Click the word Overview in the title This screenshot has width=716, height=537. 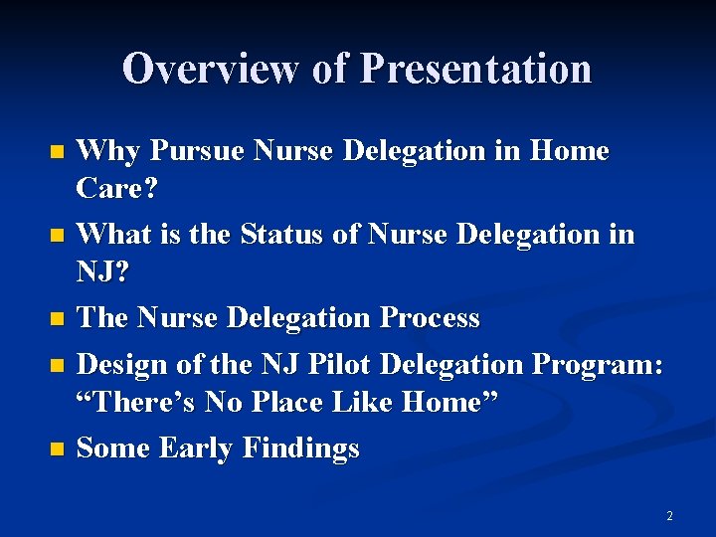tap(211, 69)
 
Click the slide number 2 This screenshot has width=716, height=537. tap(669, 516)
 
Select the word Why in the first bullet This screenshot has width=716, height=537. tap(104, 151)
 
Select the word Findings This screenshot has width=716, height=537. tap(304, 448)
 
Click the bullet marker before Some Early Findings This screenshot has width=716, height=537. tap(57, 449)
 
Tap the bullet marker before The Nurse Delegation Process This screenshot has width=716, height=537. tap(57, 319)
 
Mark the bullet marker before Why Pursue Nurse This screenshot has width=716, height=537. tap(57, 152)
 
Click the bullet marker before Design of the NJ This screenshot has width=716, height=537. tap(57, 366)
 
